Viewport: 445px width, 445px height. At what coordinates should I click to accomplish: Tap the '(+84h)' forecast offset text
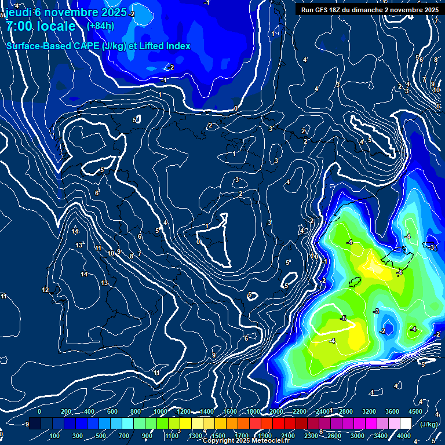[x=100, y=25]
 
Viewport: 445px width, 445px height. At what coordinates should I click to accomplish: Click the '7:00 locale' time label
[x=41, y=26]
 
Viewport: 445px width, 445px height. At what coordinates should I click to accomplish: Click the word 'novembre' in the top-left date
[x=74, y=12]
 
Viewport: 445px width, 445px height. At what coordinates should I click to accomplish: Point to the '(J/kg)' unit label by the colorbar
[x=428, y=424]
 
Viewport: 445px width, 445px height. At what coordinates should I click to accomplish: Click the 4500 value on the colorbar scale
[x=415, y=411]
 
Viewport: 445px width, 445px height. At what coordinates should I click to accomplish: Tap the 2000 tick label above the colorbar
[x=276, y=411]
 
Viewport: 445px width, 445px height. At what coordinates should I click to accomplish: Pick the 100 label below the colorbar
[x=54, y=436]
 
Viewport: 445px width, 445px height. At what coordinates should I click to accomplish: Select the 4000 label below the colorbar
[x=404, y=436]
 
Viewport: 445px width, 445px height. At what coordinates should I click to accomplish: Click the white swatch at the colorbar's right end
[x=406, y=424]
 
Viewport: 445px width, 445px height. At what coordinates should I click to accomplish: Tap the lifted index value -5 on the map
[x=343, y=319]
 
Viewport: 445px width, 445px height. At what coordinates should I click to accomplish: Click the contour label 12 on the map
[x=45, y=290]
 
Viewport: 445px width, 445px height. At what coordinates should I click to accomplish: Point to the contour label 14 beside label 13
[x=85, y=274]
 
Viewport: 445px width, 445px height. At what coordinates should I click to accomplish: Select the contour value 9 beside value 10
[x=119, y=251]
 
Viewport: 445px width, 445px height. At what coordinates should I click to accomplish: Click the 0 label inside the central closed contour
[x=199, y=242]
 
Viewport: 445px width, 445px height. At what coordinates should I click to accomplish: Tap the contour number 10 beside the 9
[x=110, y=253]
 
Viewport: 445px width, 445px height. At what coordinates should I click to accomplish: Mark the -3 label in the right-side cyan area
[x=432, y=247]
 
